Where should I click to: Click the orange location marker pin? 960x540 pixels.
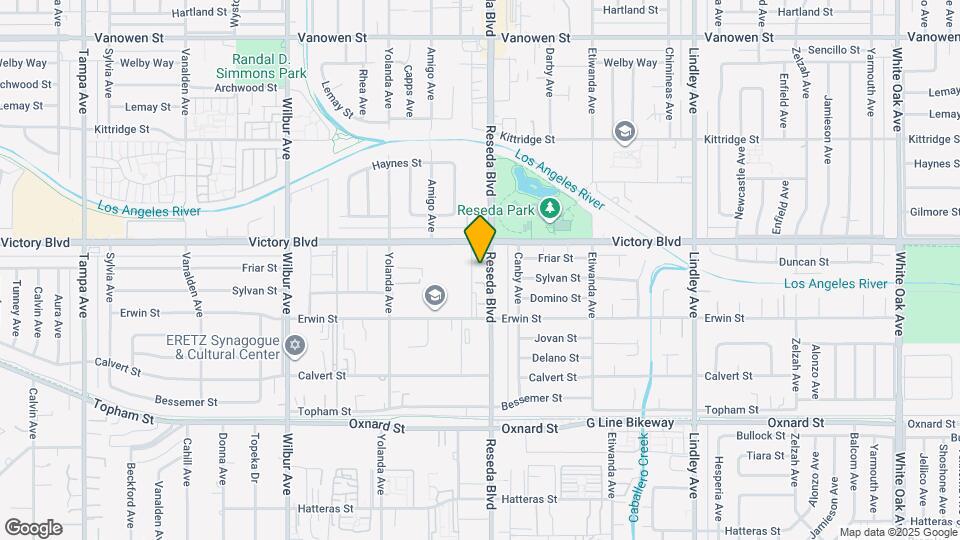[x=480, y=239]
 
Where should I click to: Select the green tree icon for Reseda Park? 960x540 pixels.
[x=548, y=208]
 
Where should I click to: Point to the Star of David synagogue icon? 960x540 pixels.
[x=294, y=346]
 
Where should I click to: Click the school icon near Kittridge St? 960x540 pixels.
[x=625, y=130]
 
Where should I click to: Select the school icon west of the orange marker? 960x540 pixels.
[x=434, y=295]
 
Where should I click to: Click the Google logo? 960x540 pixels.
[x=33, y=527]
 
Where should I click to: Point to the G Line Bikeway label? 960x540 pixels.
[x=630, y=425]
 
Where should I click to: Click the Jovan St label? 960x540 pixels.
[x=555, y=338]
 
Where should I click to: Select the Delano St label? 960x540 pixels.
[x=554, y=358]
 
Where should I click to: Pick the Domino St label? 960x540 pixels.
[x=556, y=298]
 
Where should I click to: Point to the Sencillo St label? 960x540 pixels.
[x=834, y=49]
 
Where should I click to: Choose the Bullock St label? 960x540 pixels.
[x=760, y=436]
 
